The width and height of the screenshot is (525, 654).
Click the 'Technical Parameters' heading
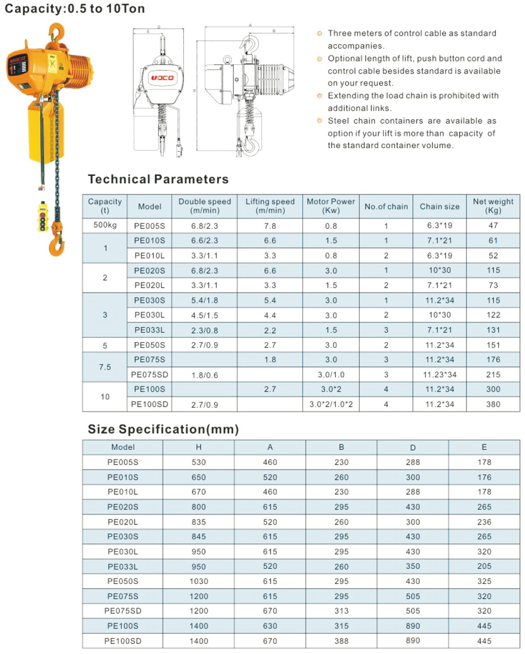pyautogui.click(x=158, y=179)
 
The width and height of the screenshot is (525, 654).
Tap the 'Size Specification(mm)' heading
pyautogui.click(x=163, y=429)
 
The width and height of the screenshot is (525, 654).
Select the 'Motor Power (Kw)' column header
pyautogui.click(x=331, y=206)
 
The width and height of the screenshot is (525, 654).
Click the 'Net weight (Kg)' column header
pyautogui.click(x=493, y=206)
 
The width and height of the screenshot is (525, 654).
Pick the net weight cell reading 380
pyautogui.click(x=493, y=404)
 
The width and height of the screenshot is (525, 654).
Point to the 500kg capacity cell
pyautogui.click(x=105, y=225)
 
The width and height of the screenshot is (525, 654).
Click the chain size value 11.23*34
pyautogui.click(x=439, y=374)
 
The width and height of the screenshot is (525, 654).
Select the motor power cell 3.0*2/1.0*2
pyautogui.click(x=331, y=404)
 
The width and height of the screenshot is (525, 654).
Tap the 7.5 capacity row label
pyautogui.click(x=105, y=367)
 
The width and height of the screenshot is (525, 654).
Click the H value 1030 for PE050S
pyautogui.click(x=199, y=581)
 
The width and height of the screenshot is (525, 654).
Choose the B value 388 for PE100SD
pyautogui.click(x=341, y=641)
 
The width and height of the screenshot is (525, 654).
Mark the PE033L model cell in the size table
pyautogui.click(x=122, y=566)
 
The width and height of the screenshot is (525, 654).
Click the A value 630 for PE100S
pyautogui.click(x=270, y=626)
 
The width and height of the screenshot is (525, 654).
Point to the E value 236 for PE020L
pyautogui.click(x=484, y=522)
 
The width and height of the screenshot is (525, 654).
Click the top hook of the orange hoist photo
pyautogui.click(x=57, y=33)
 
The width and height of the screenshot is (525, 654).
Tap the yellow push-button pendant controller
pyautogui.click(x=43, y=217)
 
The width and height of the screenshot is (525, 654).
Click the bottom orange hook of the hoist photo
pyautogui.click(x=56, y=245)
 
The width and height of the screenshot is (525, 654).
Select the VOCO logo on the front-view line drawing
pyautogui.click(x=162, y=78)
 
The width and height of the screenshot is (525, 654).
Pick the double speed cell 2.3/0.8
pyautogui.click(x=205, y=331)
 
